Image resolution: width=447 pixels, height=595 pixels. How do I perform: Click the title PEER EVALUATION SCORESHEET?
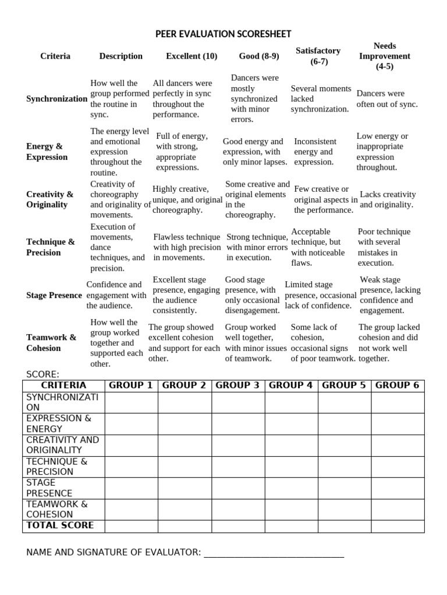223,34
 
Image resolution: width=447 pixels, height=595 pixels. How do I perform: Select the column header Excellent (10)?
191,56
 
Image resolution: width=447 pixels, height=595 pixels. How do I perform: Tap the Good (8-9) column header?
259,56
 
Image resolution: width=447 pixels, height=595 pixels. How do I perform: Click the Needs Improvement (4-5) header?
384,56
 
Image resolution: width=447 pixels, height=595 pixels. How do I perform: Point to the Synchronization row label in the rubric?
56,99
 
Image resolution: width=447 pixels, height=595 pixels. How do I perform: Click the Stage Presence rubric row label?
54,295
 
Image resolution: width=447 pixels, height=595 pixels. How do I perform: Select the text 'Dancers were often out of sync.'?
387,99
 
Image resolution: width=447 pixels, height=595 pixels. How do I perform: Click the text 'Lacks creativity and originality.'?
388,199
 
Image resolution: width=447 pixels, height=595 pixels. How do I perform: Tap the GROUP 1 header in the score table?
131,385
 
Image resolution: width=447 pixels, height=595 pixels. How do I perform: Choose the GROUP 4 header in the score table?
291,385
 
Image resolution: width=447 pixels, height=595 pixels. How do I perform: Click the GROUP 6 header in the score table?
398,385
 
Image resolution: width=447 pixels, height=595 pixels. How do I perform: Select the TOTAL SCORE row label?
60,525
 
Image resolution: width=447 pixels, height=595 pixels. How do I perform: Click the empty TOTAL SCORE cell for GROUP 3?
238,526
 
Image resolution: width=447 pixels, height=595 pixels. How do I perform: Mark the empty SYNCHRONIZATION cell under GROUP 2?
185,402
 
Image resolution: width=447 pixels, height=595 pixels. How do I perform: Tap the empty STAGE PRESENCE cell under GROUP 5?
345,488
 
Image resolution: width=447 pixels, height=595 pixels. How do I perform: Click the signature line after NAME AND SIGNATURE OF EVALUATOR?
274,553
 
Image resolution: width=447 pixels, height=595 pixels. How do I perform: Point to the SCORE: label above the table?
43,374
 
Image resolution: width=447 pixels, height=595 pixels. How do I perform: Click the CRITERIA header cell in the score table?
63,385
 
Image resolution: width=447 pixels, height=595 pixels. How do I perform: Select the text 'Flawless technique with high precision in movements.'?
187,247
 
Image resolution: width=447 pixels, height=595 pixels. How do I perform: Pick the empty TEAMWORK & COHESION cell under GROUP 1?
131,509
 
